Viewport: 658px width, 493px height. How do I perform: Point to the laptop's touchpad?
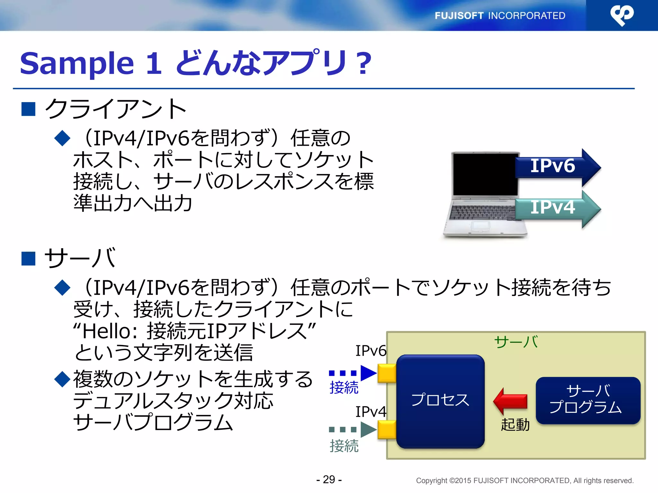[x=481, y=226]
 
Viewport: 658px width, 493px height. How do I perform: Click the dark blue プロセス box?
[x=440, y=401]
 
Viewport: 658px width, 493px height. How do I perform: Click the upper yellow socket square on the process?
[x=387, y=373]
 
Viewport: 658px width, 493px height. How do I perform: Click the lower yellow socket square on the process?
[x=387, y=429]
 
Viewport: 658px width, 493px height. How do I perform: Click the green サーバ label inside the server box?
[x=516, y=342]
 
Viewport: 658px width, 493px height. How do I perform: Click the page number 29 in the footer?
[x=329, y=480]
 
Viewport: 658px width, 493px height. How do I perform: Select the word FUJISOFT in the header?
[x=459, y=16]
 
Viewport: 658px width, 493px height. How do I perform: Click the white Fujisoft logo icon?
[x=622, y=15]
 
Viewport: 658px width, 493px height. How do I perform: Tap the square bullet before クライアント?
[x=28, y=109]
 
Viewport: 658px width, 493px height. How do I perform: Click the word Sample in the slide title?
[x=76, y=63]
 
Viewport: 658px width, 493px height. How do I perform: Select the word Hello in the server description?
[x=106, y=331]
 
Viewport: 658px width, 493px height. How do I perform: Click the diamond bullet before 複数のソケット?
[x=62, y=379]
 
